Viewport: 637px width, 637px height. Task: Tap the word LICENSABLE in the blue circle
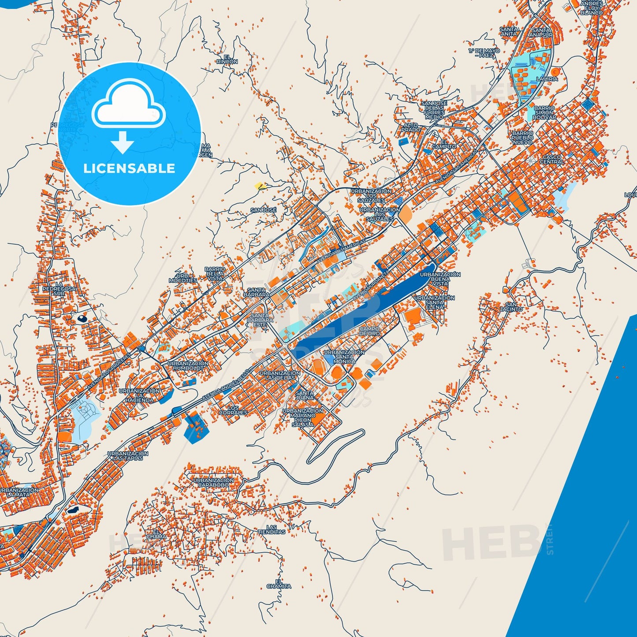129,168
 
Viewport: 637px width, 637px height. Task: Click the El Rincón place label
227,60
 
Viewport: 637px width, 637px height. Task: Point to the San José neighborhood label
263,210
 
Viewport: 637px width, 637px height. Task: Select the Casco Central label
552,160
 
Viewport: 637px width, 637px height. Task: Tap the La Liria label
547,79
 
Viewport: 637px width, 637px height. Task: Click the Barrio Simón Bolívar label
544,113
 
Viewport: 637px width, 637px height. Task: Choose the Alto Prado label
410,127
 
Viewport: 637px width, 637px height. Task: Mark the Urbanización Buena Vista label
440,279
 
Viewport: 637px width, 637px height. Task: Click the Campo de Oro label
369,331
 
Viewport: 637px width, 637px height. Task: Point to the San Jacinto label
511,307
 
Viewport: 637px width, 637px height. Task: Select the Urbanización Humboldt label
188,365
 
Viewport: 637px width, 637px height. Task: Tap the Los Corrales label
233,410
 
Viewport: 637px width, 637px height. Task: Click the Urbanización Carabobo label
213,482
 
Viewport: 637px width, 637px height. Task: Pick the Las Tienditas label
272,530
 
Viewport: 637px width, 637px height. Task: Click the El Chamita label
279,584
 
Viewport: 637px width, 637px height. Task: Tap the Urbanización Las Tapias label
128,456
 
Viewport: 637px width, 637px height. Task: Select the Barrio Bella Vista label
215,274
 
